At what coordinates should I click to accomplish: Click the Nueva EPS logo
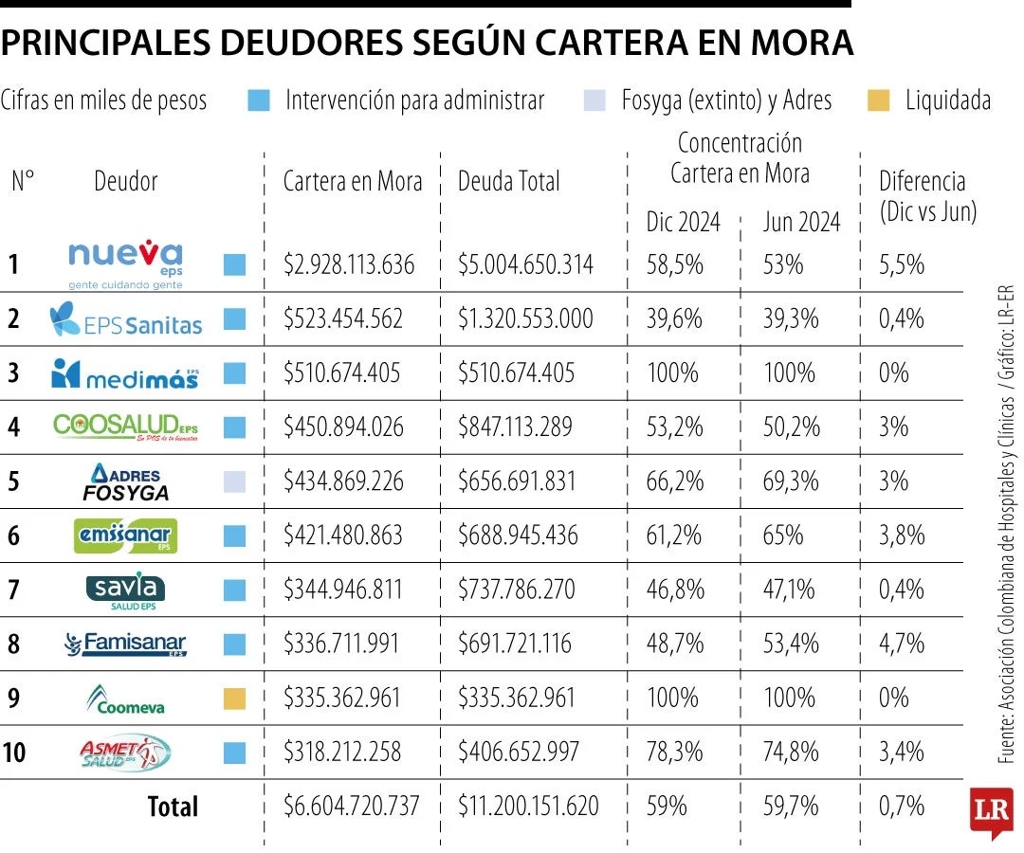click(x=126, y=263)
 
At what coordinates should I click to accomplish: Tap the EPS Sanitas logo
click(x=126, y=319)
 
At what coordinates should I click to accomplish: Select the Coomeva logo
click(x=126, y=699)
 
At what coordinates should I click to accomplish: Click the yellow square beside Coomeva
click(x=234, y=699)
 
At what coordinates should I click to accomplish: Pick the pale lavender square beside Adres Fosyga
click(x=234, y=481)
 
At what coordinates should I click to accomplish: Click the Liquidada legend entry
click(x=947, y=100)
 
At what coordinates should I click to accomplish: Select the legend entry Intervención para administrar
click(x=414, y=100)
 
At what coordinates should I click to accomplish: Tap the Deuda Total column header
click(x=509, y=181)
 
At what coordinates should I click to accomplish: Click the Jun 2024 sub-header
click(x=801, y=222)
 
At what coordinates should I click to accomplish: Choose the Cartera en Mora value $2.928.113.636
click(x=349, y=264)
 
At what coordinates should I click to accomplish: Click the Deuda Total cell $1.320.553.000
click(x=525, y=318)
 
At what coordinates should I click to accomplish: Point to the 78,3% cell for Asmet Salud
click(x=675, y=753)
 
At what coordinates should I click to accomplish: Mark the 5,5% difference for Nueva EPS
click(x=901, y=264)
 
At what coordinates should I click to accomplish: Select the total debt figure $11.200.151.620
click(x=528, y=807)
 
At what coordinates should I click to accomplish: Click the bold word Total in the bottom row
click(x=173, y=807)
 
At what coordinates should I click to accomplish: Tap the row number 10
click(x=14, y=753)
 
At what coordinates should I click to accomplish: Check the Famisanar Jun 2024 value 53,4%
click(x=791, y=644)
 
